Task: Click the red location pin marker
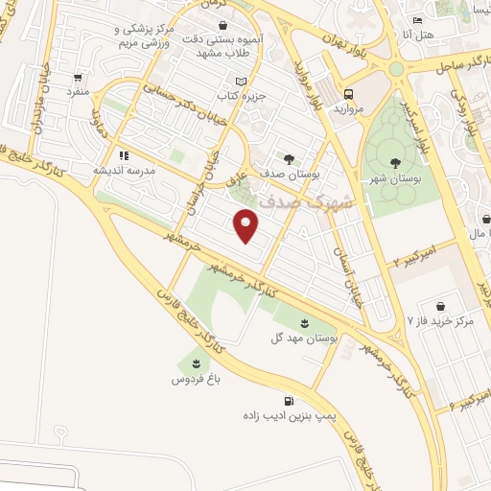coord(247,225)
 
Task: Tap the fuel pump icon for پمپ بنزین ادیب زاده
coord(288,402)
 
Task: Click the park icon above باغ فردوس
coord(197,362)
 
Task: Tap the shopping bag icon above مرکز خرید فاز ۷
coord(440,302)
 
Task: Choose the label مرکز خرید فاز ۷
coord(441,318)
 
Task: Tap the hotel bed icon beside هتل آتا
coord(416,21)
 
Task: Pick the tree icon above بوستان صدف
coord(289,159)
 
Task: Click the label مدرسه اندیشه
coord(124,170)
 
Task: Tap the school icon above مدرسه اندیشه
coord(124,153)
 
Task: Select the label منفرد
coord(76,91)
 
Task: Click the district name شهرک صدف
coord(319,202)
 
